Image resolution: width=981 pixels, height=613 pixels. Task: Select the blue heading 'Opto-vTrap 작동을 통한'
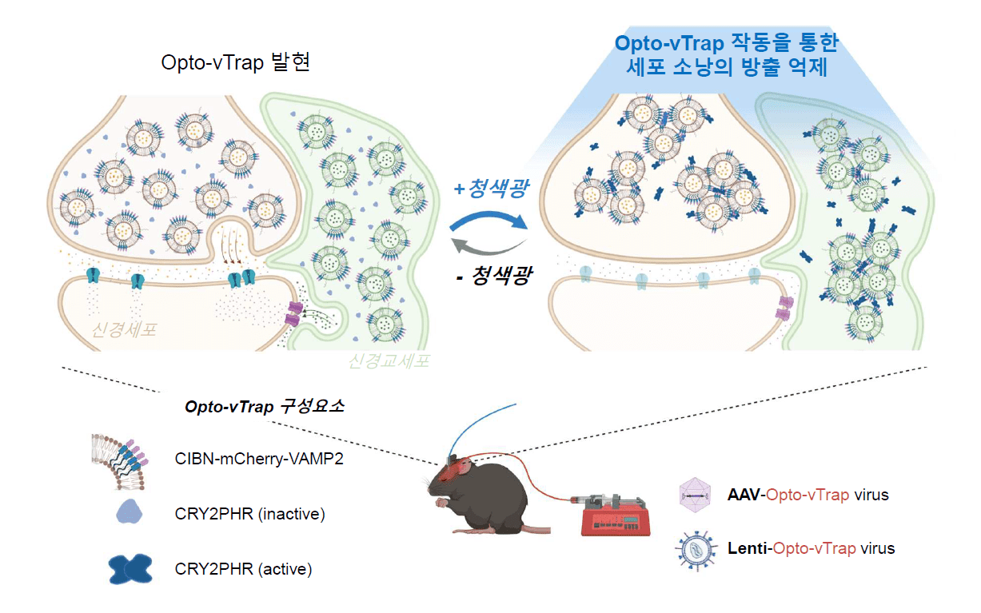[x=727, y=43]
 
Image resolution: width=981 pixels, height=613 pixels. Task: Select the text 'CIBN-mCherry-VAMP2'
[x=259, y=459]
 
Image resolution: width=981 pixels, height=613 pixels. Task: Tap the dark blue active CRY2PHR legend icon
[x=130, y=569]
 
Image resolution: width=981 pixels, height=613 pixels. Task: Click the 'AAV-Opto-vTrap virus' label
[x=808, y=495]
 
